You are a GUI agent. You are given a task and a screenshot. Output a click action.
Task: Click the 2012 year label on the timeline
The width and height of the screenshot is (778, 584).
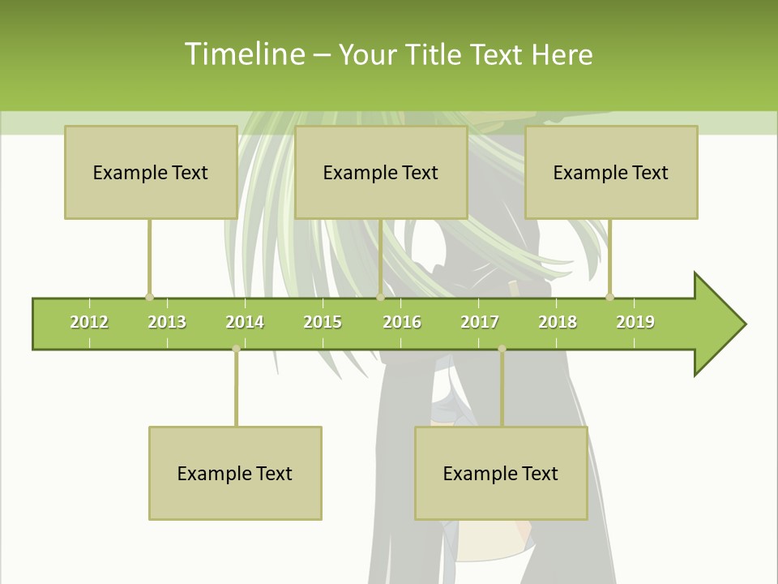pos(89,322)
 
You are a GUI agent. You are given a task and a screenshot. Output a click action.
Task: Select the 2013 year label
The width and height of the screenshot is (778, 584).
pos(167,322)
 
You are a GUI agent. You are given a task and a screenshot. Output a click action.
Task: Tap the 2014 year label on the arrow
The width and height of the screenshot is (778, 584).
pos(245,322)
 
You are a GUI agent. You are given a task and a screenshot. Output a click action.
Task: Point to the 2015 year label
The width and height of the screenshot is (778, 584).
pos(323,322)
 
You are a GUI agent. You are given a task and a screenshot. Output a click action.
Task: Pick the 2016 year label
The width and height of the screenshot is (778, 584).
pos(402,322)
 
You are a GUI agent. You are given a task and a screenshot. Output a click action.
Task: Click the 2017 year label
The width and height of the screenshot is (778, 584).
pos(480,322)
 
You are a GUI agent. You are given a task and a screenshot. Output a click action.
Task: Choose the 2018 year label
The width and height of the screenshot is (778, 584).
pos(558,322)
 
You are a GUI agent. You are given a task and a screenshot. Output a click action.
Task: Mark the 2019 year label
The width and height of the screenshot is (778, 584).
pos(635,322)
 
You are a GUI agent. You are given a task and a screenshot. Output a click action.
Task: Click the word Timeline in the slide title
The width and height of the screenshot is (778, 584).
pos(243,54)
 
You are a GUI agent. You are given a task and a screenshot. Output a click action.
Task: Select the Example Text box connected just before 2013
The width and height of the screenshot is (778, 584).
pos(151,172)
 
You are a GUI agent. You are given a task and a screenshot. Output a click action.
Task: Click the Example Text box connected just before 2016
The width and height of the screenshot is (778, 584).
pos(381,172)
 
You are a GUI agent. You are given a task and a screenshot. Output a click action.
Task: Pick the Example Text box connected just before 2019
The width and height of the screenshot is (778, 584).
pos(611,172)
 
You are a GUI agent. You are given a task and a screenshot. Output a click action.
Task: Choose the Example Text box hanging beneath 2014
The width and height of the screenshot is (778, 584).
pos(235,473)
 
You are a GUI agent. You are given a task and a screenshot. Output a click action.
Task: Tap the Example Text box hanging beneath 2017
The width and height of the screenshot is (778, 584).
pos(501,473)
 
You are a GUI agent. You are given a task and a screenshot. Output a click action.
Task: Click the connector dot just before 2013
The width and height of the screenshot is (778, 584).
pos(149,297)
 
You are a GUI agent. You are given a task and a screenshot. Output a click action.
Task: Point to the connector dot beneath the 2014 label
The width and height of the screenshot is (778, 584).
pos(236,349)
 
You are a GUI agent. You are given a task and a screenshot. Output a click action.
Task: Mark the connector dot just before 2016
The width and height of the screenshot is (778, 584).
pos(380,297)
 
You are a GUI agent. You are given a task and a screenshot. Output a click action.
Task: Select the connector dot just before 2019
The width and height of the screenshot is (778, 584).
pos(609,297)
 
